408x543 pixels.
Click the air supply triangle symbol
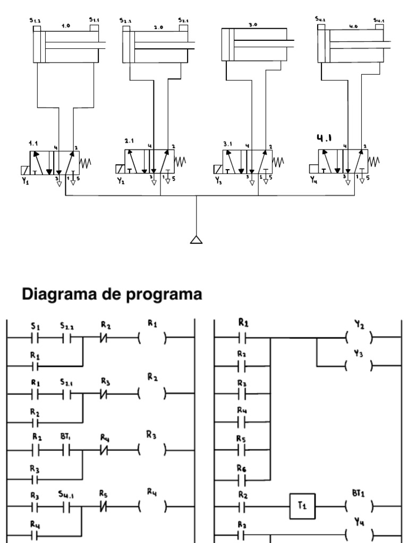[x=197, y=239]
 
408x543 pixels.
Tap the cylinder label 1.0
[x=65, y=25]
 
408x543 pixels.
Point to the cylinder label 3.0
[x=252, y=24]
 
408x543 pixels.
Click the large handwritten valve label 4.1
[x=324, y=139]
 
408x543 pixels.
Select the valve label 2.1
[x=130, y=142]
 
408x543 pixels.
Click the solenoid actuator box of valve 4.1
[x=313, y=169]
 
